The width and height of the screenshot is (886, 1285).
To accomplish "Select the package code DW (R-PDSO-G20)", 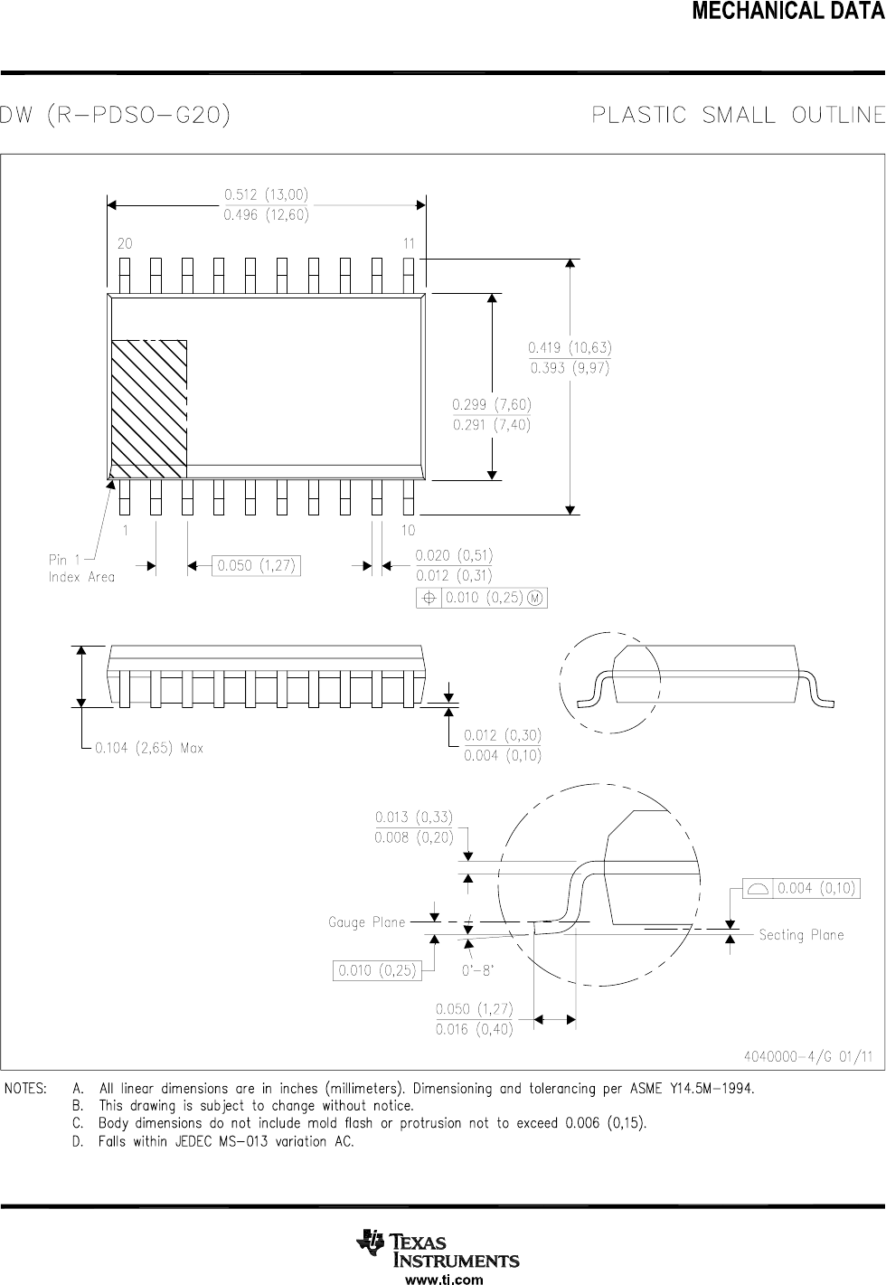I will coord(115,116).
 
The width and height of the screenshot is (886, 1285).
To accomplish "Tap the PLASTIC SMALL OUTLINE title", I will coord(737,116).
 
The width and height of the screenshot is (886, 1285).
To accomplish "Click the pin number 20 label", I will coord(125,244).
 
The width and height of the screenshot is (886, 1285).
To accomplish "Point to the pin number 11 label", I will coord(409,244).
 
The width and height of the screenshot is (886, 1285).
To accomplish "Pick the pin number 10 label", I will coord(408,530).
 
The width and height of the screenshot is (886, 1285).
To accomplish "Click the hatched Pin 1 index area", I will coord(148,409).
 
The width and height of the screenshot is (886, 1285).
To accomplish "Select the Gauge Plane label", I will coord(366,922).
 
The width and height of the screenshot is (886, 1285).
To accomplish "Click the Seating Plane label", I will coord(801,935).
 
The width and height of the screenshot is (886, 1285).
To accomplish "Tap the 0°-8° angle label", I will coord(478,970).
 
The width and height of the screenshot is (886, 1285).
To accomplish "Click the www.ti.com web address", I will coord(443,1279).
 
